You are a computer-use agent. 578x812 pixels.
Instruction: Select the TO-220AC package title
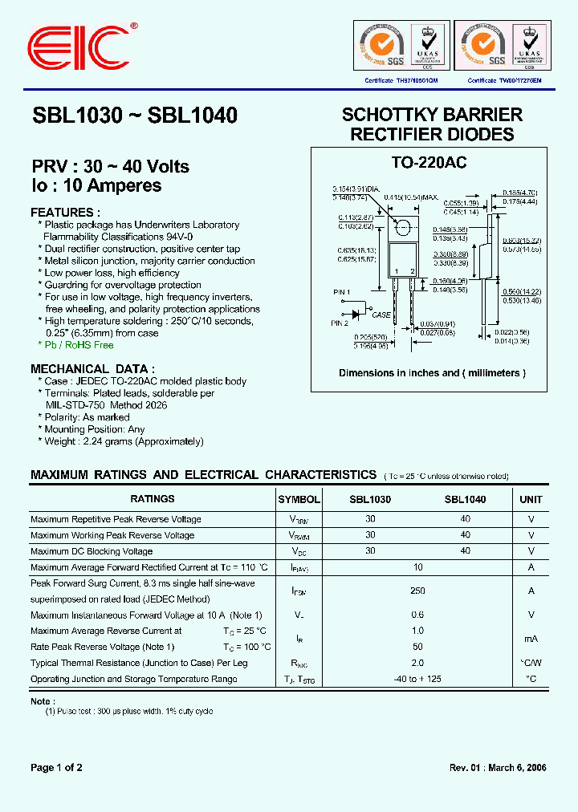click(429, 163)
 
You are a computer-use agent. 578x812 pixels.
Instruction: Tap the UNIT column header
click(531, 499)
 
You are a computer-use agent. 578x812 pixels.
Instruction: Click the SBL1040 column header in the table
click(465, 499)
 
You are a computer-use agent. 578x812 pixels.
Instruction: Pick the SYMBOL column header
click(299, 499)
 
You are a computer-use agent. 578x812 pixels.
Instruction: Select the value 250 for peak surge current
click(417, 591)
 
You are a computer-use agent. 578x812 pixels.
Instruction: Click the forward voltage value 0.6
click(417, 615)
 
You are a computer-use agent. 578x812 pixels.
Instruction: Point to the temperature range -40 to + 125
click(417, 679)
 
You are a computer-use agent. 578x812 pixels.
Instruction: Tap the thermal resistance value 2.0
click(417, 664)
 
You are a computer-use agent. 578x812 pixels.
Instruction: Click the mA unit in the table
click(531, 639)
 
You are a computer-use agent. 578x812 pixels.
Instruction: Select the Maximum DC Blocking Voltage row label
click(92, 551)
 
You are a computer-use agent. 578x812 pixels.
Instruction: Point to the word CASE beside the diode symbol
click(381, 315)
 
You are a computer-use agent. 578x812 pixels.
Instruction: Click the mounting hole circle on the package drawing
click(405, 226)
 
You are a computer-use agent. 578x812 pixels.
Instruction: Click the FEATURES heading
click(66, 213)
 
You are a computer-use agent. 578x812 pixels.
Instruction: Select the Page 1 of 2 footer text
click(56, 768)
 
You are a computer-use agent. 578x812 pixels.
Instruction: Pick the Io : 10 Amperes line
click(96, 185)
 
